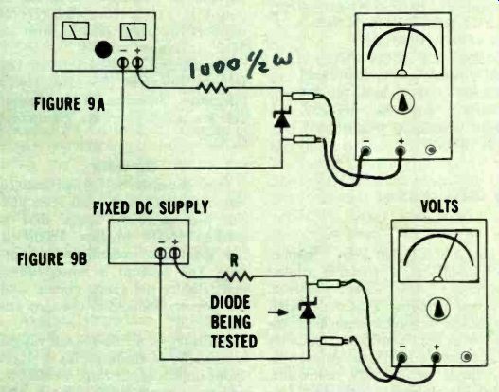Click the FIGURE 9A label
[69, 104]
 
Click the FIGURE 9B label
[52, 259]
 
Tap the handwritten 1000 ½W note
[241, 66]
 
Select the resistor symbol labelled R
[238, 276]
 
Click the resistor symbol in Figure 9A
[214, 88]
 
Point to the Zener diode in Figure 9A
[282, 117]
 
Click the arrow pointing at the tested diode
[277, 312]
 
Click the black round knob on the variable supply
[103, 49]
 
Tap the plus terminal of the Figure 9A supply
[137, 62]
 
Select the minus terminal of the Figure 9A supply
[123, 62]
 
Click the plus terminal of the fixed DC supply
[175, 253]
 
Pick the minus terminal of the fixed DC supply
[160, 254]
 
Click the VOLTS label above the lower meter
[439, 206]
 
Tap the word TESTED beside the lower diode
[234, 342]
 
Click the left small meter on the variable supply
[76, 30]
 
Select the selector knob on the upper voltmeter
[402, 102]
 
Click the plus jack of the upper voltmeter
[401, 150]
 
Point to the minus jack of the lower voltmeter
[401, 357]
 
